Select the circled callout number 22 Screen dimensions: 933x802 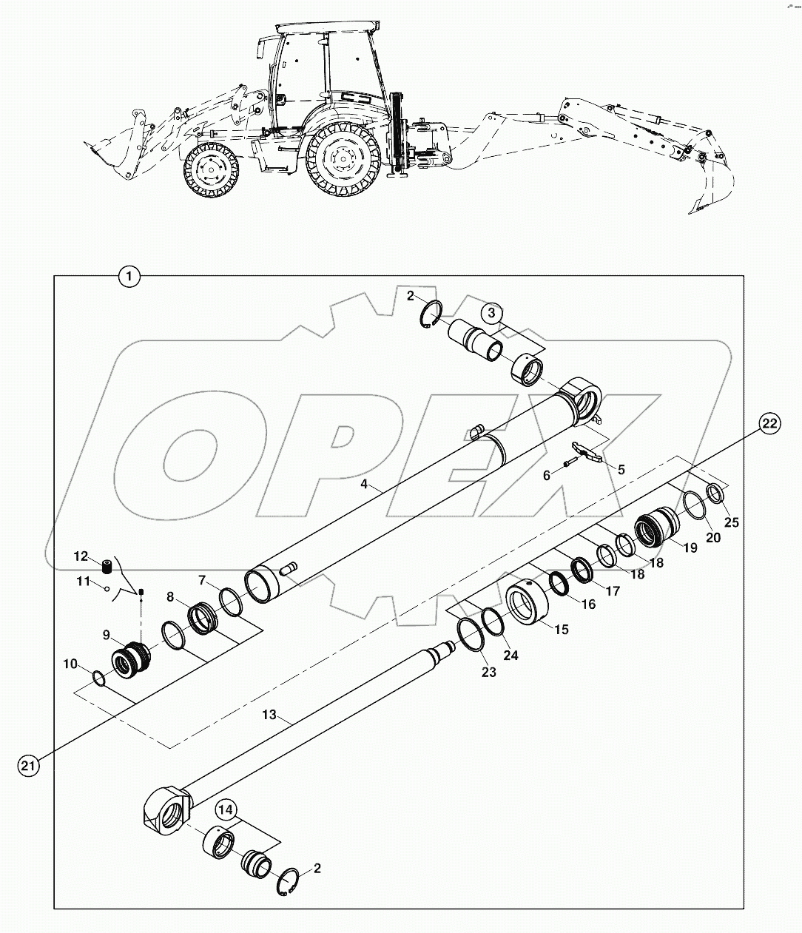(768, 423)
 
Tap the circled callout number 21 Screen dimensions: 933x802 (28, 767)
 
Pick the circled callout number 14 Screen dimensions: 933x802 (226, 810)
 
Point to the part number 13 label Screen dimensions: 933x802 (269, 715)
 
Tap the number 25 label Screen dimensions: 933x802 (731, 522)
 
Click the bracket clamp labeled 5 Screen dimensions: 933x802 (587, 453)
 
